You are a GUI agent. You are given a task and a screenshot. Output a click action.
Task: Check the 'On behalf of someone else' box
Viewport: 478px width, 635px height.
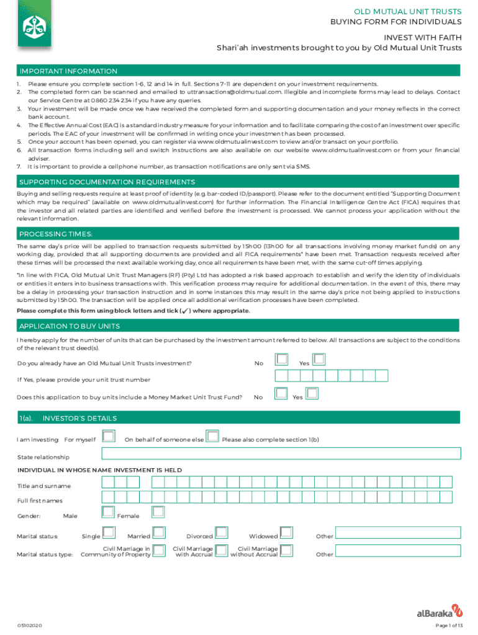(x=212, y=437)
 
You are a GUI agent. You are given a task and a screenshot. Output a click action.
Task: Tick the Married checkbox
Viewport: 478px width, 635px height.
(x=159, y=533)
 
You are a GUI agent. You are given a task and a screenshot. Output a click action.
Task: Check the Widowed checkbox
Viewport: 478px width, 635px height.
(x=286, y=533)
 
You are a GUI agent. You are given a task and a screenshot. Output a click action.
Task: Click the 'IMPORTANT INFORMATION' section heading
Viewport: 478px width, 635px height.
(x=68, y=71)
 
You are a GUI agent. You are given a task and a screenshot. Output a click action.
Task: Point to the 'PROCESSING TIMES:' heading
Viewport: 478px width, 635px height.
(x=56, y=234)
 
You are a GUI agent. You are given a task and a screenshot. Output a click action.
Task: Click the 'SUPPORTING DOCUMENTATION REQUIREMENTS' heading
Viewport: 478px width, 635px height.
(x=107, y=182)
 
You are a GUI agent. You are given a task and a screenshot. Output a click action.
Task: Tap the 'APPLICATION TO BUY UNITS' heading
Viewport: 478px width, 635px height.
(x=70, y=326)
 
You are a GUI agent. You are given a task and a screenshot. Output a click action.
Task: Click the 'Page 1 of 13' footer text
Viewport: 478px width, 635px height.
(x=449, y=625)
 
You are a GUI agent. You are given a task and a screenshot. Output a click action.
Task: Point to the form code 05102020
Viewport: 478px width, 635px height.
(x=30, y=625)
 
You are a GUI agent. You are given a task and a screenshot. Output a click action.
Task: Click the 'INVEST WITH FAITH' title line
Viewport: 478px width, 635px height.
(x=422, y=37)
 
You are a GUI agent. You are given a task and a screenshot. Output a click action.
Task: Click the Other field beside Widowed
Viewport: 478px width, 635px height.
(x=399, y=533)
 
